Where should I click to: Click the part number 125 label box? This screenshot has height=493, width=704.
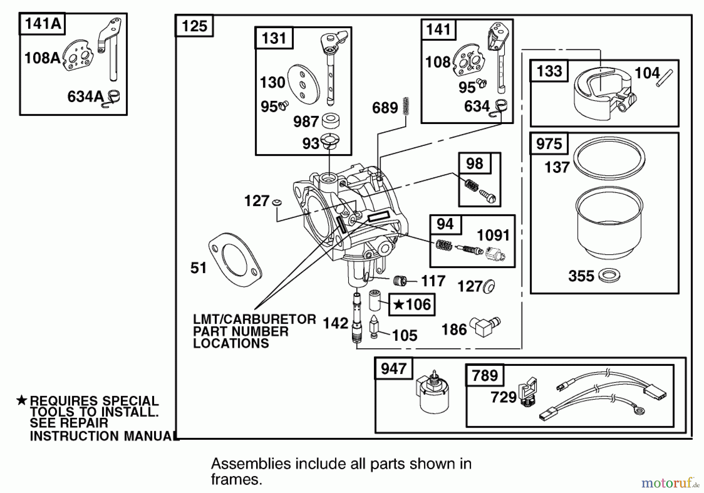[x=194, y=26]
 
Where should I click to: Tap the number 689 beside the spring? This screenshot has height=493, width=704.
[x=385, y=108]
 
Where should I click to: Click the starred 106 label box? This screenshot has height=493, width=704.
[x=412, y=304]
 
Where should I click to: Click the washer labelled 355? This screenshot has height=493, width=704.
[x=609, y=275]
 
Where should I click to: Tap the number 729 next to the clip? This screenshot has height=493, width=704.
[x=503, y=398]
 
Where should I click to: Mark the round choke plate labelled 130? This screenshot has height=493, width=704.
[x=304, y=84]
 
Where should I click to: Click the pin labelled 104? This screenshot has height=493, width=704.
[x=665, y=78]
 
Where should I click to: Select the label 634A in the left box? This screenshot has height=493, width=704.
[x=85, y=97]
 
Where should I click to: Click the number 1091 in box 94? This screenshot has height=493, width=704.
[x=493, y=236]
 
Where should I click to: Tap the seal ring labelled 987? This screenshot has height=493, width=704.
[x=330, y=121]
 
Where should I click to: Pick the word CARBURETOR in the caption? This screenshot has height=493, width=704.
[x=270, y=319]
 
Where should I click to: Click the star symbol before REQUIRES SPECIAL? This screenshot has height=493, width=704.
[x=22, y=400]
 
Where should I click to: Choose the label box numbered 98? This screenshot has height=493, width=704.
[x=474, y=164]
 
